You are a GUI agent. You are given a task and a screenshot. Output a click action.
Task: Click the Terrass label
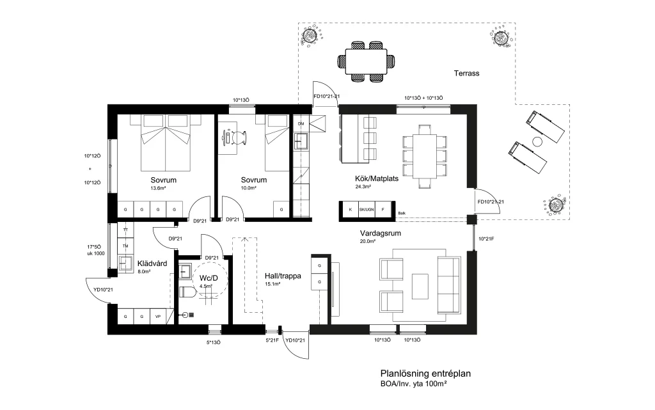point(466,74)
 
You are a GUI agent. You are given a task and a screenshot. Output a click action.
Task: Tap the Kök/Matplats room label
point(376,178)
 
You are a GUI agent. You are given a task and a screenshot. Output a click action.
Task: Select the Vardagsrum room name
point(380,233)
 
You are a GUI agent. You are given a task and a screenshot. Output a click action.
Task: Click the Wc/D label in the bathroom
point(209,278)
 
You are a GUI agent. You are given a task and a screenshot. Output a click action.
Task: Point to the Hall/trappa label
point(283,276)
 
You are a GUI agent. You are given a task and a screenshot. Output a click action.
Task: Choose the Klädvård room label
point(152,264)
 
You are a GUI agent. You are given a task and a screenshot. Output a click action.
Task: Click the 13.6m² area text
point(159,188)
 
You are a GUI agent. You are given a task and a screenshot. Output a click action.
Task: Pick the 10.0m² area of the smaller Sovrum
point(249,188)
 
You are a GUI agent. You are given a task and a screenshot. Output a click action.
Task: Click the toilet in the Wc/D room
point(187,292)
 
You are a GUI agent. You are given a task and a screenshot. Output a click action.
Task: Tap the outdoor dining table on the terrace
point(367,61)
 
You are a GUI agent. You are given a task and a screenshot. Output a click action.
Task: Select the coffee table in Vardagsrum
point(420,286)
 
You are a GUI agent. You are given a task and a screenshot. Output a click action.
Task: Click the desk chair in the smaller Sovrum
point(239,138)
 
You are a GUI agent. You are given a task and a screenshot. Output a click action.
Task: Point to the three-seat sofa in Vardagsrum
point(448,285)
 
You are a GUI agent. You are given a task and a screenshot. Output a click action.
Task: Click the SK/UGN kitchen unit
point(367,210)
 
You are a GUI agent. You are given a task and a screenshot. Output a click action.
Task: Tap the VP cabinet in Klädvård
point(158,317)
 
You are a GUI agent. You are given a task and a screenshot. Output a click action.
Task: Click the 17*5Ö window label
point(94,247)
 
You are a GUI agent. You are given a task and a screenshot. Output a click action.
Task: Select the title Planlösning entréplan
point(425,374)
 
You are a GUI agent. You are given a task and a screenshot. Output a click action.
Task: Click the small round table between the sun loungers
point(537,141)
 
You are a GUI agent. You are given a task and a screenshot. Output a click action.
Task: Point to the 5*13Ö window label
point(213,342)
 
